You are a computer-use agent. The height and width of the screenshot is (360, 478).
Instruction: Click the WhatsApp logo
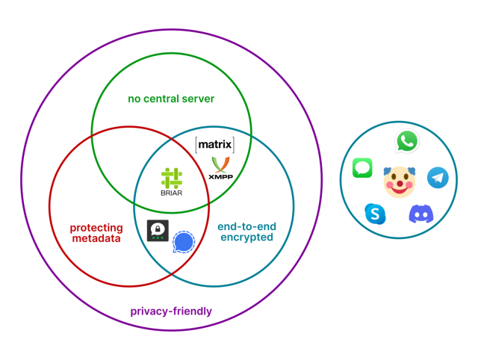407,141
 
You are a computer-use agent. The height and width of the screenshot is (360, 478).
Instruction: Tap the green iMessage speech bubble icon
362,167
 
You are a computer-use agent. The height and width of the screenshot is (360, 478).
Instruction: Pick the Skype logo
375,214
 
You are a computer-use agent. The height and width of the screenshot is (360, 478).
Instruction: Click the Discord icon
420,214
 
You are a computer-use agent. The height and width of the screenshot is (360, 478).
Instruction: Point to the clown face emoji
399,181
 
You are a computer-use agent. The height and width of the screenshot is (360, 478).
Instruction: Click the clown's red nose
399,184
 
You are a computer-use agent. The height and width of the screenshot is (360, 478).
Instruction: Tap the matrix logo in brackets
214,144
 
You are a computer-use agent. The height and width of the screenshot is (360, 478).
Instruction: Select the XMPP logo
221,165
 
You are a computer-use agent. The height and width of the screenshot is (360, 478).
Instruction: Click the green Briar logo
171,178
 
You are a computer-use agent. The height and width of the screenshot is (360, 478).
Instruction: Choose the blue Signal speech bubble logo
183,242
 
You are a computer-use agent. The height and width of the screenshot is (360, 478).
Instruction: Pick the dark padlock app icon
158,231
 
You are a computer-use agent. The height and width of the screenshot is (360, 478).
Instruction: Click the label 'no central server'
171,98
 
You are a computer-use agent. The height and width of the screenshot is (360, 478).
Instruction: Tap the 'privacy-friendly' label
171,311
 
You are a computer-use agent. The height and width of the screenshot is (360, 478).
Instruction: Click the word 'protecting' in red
96,227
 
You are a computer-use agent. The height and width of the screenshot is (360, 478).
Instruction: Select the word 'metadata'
96,238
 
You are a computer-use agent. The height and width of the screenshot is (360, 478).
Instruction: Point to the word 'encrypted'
246,238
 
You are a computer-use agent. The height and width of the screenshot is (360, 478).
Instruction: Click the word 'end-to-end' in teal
246,226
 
